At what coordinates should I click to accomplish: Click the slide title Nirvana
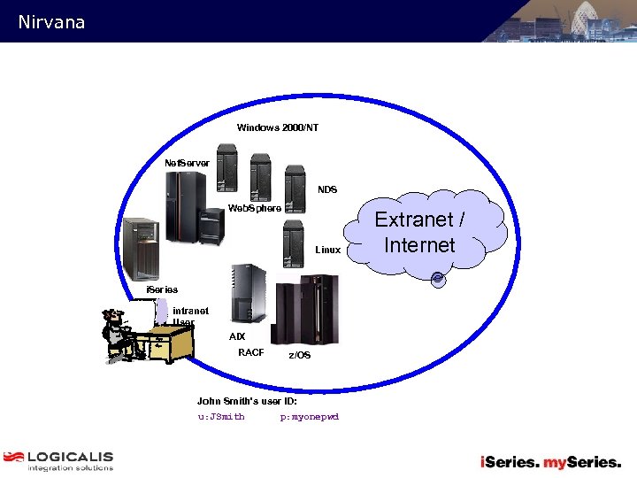pos(51,22)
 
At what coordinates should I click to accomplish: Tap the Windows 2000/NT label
pos(278,128)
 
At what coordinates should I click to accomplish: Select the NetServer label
pos(188,163)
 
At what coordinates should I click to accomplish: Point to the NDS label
pos(327,189)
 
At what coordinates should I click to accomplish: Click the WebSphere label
pos(255,209)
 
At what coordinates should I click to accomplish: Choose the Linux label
pos(327,251)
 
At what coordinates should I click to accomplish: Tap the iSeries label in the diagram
pos(162,289)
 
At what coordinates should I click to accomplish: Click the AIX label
pos(237,337)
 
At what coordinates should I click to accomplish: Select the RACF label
pos(251,353)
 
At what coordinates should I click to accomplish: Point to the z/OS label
pos(300,355)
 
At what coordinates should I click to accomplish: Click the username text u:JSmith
pos(221,416)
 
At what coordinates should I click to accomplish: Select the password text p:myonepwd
pos(310,416)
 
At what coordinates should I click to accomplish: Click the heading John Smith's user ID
pos(247,401)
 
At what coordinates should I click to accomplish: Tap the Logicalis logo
pos(58,461)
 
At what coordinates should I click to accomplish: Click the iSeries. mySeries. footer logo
pos(550,461)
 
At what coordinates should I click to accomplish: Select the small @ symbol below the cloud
pos(438,280)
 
